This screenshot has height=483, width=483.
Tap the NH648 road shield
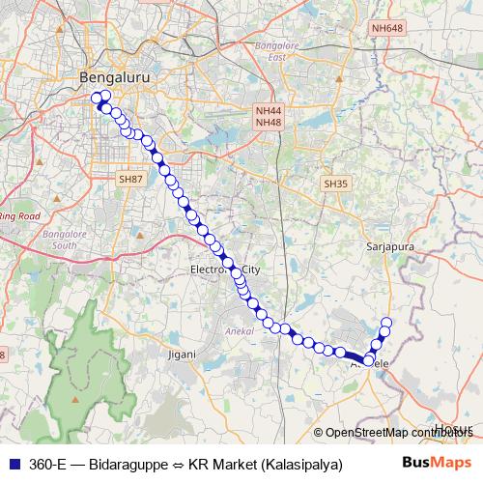pos(386,28)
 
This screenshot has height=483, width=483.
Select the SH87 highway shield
pos(129,179)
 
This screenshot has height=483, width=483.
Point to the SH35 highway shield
pos(335,183)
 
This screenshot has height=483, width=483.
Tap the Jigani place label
pos(183,355)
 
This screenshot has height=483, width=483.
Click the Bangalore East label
pos(273,50)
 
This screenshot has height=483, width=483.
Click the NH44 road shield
pos(268,111)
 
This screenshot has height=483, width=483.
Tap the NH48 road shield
pos(268,123)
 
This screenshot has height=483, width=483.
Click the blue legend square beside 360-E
pos(13,464)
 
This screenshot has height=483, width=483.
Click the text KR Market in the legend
pos(217,464)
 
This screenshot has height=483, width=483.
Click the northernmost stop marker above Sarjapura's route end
pos(387,323)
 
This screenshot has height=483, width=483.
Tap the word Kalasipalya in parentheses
pos(299,464)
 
